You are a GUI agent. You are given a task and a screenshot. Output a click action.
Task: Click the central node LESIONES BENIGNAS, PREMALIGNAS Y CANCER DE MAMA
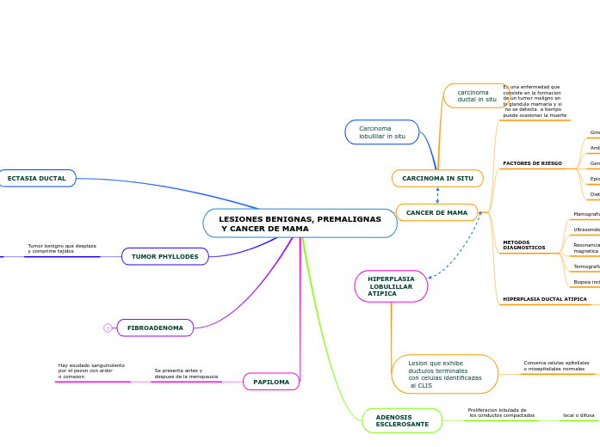pyautogui.click(x=300, y=223)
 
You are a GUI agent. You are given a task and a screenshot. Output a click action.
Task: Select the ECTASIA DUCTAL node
pyautogui.click(x=36, y=178)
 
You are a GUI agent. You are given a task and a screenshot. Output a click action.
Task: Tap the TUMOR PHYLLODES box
pyautogui.click(x=164, y=256)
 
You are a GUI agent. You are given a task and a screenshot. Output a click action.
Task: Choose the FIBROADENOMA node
pyautogui.click(x=155, y=328)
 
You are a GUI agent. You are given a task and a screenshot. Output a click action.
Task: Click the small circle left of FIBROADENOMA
pyautogui.click(x=108, y=328)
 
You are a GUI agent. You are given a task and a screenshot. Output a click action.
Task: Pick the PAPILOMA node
pyautogui.click(x=271, y=382)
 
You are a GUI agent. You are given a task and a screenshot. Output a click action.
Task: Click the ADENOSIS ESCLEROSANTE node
pyautogui.click(x=402, y=420)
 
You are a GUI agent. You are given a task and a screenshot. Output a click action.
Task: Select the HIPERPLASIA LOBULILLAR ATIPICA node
pyautogui.click(x=391, y=286)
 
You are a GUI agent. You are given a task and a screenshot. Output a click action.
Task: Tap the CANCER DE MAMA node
pyautogui.click(x=436, y=212)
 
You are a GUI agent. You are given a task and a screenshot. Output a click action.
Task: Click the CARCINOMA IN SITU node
pyautogui.click(x=437, y=178)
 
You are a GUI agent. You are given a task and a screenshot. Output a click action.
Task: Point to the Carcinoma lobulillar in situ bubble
pyautogui.click(x=382, y=132)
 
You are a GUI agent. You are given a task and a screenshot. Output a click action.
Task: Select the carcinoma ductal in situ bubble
pyautogui.click(x=476, y=95)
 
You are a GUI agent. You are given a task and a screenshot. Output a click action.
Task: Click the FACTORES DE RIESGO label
pyautogui.click(x=532, y=163)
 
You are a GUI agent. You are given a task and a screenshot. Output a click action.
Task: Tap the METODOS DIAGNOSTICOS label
pyautogui.click(x=523, y=245)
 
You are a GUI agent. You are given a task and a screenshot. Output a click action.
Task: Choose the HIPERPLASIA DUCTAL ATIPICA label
pyautogui.click(x=544, y=299)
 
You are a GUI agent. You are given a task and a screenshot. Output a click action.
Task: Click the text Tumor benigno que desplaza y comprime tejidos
pyautogui.click(x=61, y=248)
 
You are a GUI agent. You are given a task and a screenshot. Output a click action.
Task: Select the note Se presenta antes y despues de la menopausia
pyautogui.click(x=186, y=373)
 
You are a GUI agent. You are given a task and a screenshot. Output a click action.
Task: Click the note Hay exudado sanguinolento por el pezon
pyautogui.click(x=91, y=370)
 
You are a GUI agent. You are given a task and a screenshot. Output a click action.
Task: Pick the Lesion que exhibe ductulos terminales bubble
pyautogui.click(x=445, y=374)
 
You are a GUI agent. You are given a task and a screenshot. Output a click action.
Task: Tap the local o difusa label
pyautogui.click(x=578, y=415)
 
